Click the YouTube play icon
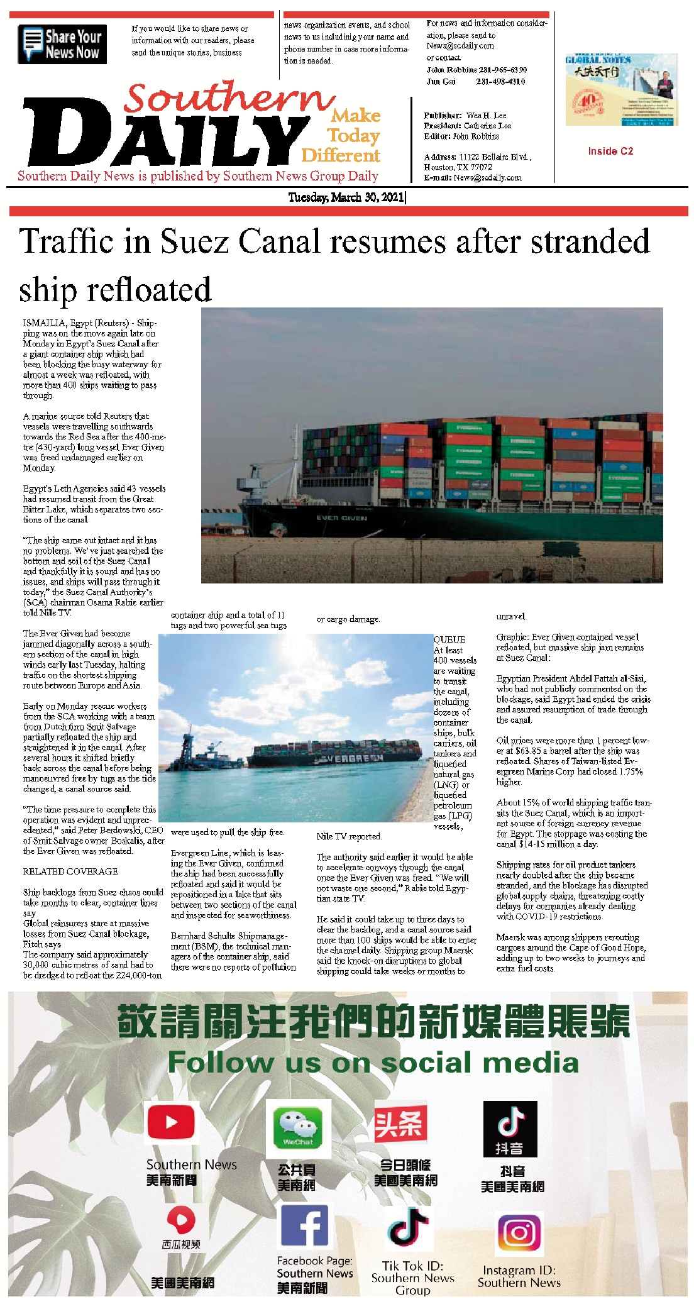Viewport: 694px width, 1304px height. coord(170,1122)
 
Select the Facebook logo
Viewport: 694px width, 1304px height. coord(304,1225)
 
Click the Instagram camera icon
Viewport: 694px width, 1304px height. coord(519,1233)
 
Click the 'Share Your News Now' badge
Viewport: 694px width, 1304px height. coord(62,44)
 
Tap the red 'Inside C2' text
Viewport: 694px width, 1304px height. coord(610,151)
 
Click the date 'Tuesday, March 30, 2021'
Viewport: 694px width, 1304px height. coord(346,197)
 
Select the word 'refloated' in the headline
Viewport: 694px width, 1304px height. coord(149,290)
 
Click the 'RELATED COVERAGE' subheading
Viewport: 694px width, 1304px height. coord(70,871)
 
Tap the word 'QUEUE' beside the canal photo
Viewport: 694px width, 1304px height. coord(449,639)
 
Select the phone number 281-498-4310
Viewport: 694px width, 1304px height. coord(500,82)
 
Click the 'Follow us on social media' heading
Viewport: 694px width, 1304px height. coord(373,1062)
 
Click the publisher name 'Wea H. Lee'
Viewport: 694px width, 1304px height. coord(486,116)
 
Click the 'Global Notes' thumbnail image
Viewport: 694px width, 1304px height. coord(621,90)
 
